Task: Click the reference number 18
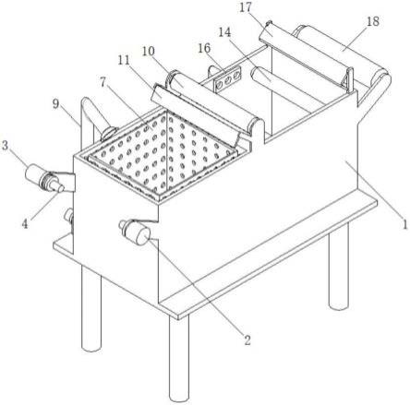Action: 373,21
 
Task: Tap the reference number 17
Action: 246,7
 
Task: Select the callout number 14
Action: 225,32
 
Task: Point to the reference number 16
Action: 204,48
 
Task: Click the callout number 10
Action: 149,52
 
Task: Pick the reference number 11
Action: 124,61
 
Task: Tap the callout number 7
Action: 102,82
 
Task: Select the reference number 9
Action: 55,104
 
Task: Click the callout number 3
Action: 5,145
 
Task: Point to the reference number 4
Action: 25,223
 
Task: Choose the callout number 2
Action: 247,339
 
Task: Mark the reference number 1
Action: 405,224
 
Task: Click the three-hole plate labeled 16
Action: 228,80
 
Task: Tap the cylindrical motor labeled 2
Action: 135,232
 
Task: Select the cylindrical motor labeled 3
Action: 43,179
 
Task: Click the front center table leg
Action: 178,358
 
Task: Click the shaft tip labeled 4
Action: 58,187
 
